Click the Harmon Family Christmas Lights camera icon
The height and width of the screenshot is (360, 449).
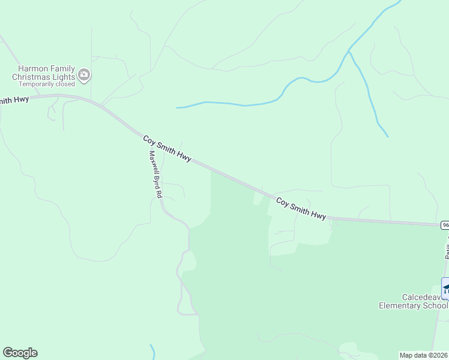click(x=84, y=75)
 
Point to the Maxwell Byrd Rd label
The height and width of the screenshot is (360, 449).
click(x=155, y=174)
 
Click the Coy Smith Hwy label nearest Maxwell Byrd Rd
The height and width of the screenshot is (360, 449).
click(x=167, y=148)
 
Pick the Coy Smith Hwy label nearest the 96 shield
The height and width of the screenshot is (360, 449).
click(x=301, y=208)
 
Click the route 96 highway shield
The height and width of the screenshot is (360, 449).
click(x=445, y=224)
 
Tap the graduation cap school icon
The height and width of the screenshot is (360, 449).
click(x=445, y=287)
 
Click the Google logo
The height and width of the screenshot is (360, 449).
click(x=20, y=353)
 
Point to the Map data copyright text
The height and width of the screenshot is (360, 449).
click(x=424, y=355)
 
